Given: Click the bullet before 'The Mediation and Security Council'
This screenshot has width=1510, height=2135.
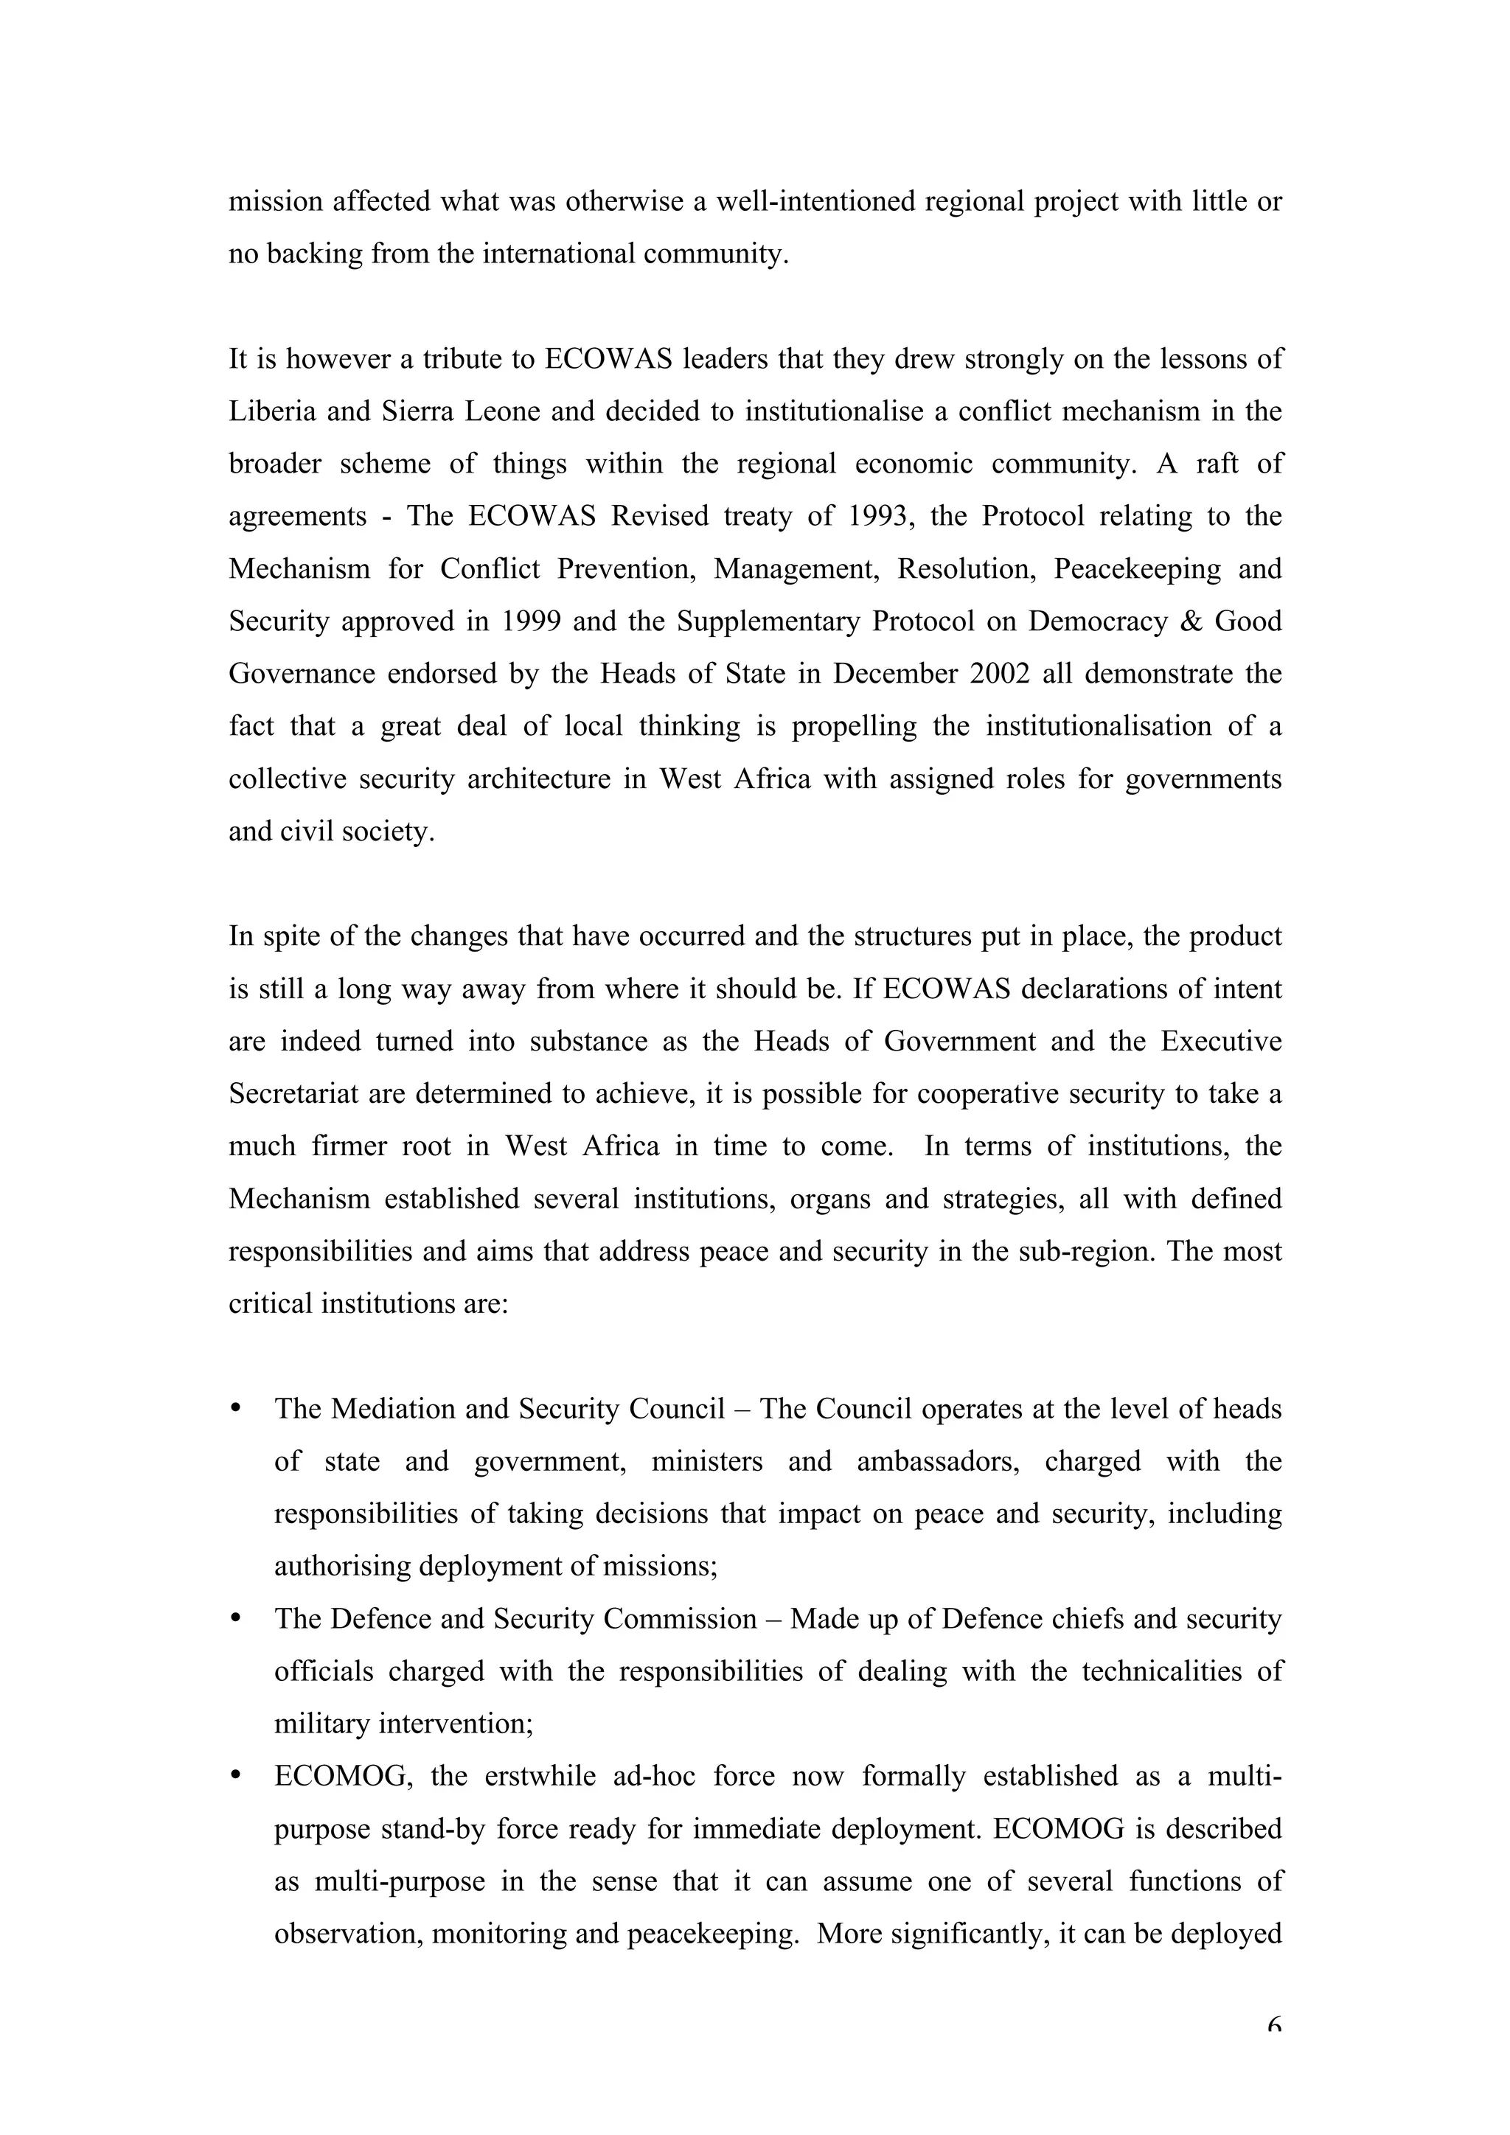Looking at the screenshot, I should [235, 1408].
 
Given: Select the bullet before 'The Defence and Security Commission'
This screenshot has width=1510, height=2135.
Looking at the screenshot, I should [235, 1618].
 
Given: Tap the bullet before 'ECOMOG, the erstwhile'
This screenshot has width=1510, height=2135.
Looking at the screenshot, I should [235, 1775].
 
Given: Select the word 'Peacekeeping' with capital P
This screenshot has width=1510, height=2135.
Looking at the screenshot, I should [1137, 568].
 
